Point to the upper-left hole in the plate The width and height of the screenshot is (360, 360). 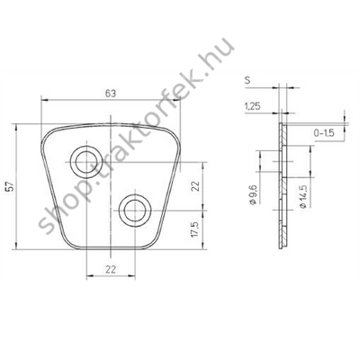tap(87, 163)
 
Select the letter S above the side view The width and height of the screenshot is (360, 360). tap(248, 80)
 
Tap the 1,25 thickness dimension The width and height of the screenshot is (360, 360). tap(253, 106)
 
